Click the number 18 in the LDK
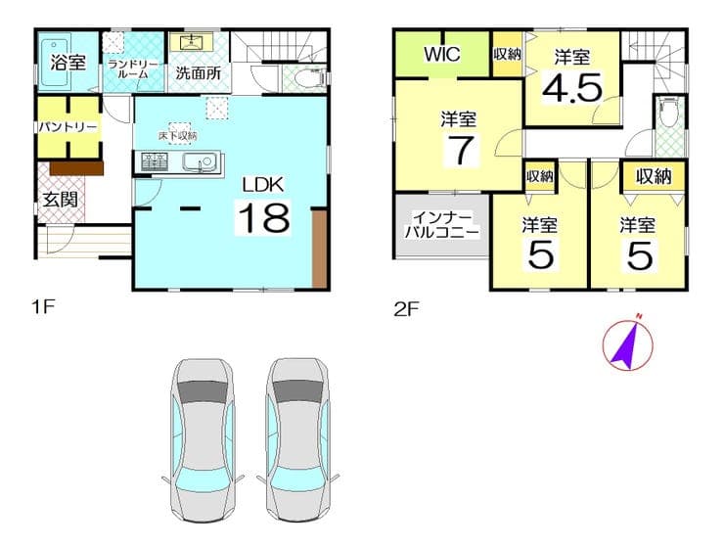click(x=264, y=217)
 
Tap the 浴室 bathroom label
click(x=68, y=63)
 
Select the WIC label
click(x=442, y=54)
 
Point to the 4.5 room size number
click(x=572, y=88)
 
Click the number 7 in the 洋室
click(x=461, y=150)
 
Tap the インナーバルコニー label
click(x=442, y=224)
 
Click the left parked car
click(x=203, y=440)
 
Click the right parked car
click(x=298, y=440)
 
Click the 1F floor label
click(x=43, y=306)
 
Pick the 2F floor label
click(x=406, y=308)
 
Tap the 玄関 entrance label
click(x=61, y=200)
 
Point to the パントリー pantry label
click(x=68, y=126)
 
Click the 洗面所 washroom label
click(x=198, y=72)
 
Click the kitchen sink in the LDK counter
click(x=200, y=161)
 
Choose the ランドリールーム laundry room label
click(x=133, y=69)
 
